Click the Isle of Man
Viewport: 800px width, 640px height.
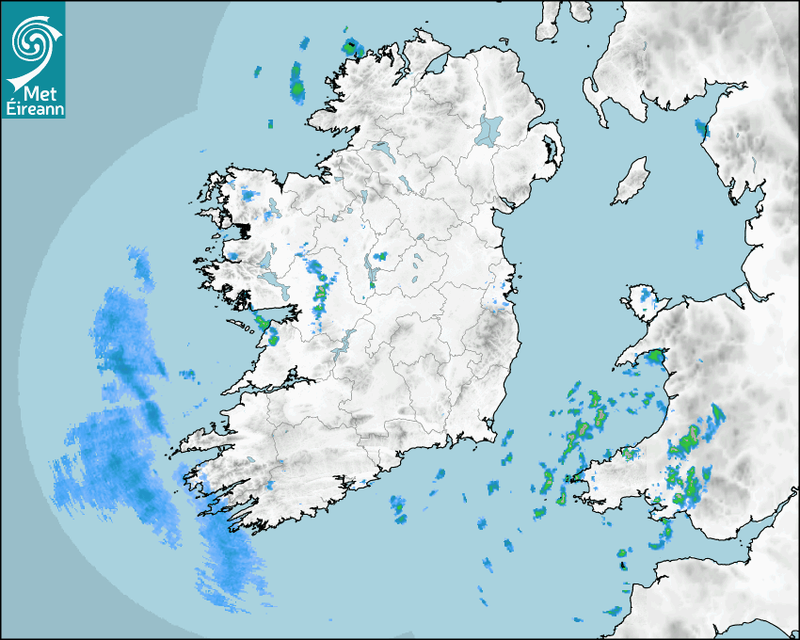632,180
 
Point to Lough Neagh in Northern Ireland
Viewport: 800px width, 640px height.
490,129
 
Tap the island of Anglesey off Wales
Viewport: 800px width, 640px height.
644,298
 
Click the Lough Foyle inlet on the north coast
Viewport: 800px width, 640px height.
436,63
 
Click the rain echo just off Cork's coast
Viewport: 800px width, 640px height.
399,511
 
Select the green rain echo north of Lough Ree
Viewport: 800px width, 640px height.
380,256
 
